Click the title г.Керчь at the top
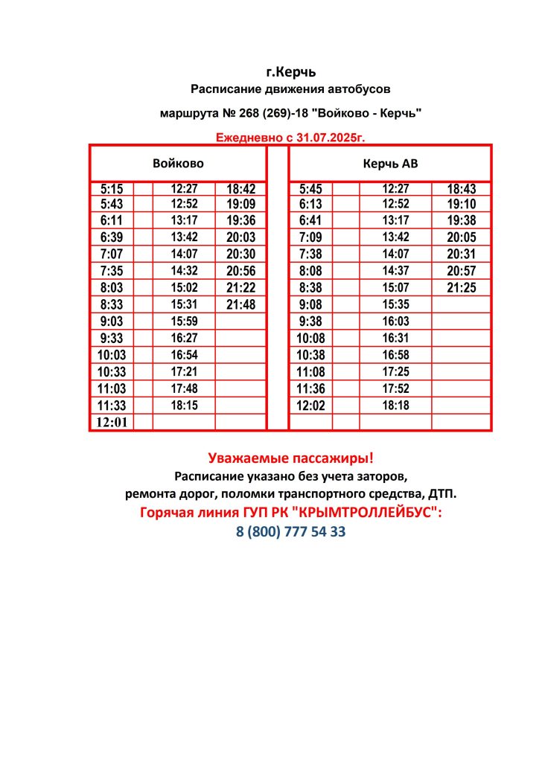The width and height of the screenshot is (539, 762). point(291,72)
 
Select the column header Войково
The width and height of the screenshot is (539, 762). point(178,163)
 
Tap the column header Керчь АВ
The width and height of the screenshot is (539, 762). point(390,163)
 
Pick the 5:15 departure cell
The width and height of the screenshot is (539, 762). point(111,189)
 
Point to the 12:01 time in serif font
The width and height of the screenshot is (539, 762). point(111,422)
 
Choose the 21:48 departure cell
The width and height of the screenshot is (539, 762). point(240,305)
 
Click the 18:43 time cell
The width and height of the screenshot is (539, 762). point(461,189)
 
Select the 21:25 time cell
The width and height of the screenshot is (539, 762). point(461,287)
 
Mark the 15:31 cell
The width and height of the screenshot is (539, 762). point(183,305)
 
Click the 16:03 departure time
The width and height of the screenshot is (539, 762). point(395,321)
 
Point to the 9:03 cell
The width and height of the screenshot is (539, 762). point(111,321)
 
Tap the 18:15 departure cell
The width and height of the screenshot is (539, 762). point(183,406)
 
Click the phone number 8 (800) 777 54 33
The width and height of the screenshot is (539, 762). point(291,533)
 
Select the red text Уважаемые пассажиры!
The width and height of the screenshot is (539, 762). point(290,458)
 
